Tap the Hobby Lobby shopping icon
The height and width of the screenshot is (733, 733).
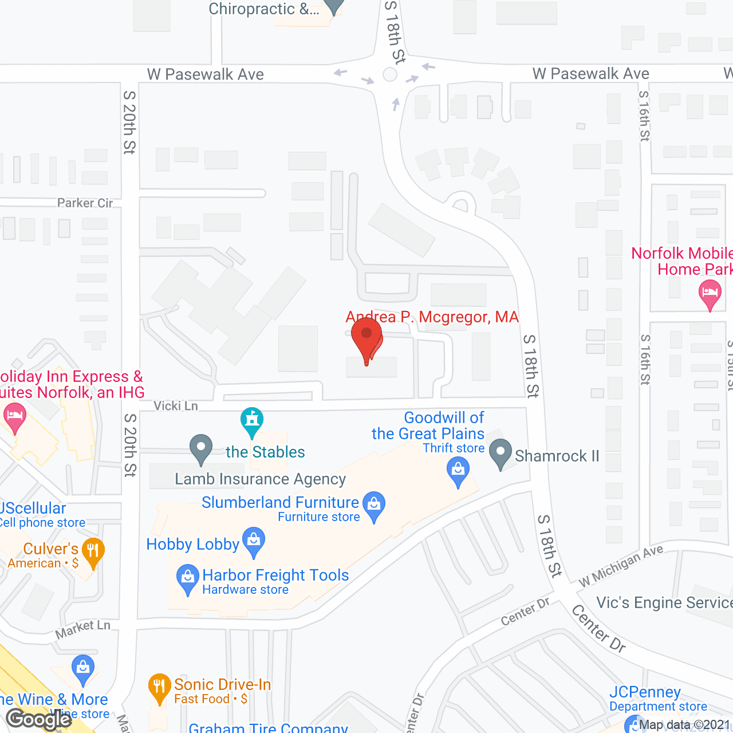click(x=254, y=541)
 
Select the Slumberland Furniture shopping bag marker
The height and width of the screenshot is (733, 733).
click(x=374, y=505)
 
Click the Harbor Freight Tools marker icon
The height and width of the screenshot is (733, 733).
click(x=187, y=578)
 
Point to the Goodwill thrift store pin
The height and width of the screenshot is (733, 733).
click(x=458, y=472)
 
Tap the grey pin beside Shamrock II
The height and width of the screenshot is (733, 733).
click(x=501, y=452)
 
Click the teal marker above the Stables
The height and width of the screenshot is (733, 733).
click(x=251, y=421)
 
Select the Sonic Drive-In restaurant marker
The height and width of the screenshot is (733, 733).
click(x=159, y=687)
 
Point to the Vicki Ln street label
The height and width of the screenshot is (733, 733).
click(x=176, y=406)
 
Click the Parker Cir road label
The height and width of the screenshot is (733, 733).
click(x=85, y=203)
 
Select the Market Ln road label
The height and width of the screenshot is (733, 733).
click(x=83, y=629)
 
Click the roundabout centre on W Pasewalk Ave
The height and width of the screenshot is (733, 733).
click(x=390, y=74)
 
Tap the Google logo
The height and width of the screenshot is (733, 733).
click(x=39, y=719)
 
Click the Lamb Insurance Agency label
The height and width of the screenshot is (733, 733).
click(x=260, y=479)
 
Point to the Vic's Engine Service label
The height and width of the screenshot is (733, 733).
click(x=664, y=602)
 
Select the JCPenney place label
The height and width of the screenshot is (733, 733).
click(x=645, y=692)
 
